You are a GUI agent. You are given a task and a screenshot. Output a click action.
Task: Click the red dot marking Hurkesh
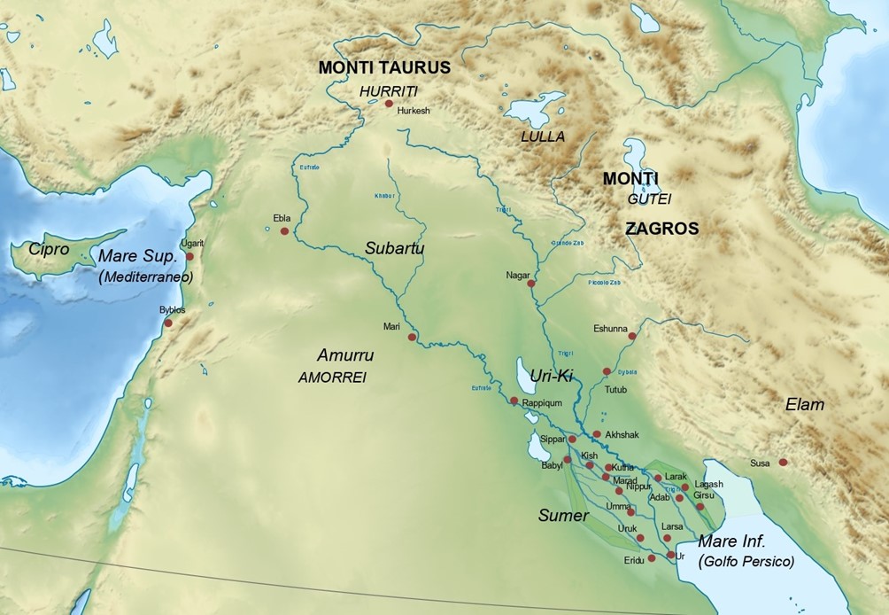point(388,104)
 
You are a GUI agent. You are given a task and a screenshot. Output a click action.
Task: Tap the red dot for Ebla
point(284,231)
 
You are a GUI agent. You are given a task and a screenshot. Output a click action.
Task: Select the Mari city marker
point(411,337)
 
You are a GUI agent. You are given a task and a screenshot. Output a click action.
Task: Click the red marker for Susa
point(783,462)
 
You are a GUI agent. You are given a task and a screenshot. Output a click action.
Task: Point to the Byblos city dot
point(168,323)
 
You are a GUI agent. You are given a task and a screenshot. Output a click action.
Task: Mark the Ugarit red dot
point(189,255)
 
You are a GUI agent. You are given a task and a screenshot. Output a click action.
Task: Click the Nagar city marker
point(531,284)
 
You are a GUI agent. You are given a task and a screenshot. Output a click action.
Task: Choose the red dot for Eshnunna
point(632,336)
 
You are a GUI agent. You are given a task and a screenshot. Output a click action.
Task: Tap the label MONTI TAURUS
point(384,67)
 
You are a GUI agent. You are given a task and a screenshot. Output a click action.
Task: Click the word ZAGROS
point(661,229)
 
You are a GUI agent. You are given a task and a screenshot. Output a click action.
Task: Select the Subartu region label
point(394,249)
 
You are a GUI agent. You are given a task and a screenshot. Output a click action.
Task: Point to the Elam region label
point(804,405)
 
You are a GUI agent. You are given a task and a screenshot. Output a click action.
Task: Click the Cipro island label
point(48,249)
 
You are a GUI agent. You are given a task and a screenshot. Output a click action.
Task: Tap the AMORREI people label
point(332,377)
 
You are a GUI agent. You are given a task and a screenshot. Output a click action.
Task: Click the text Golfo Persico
point(746,561)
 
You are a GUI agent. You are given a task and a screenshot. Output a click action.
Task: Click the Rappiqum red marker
point(514,401)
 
